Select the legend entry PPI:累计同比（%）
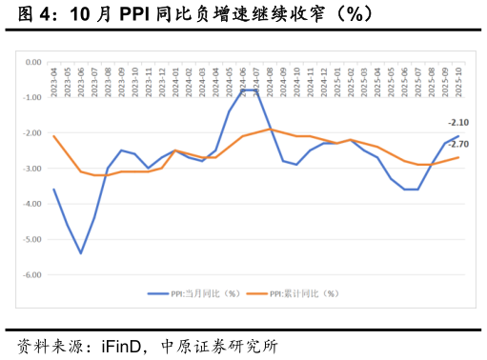tap(303, 293)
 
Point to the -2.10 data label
tap(457, 123)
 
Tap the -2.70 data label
tap(457, 144)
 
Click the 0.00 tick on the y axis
tap(33, 62)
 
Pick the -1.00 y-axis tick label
tap(32, 97)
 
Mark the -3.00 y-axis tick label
tap(32, 169)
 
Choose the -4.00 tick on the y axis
tap(32, 204)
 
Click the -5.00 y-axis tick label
tap(32, 239)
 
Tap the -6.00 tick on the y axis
tap(32, 274)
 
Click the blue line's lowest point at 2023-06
tap(81, 253)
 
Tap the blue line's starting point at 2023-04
tap(54, 190)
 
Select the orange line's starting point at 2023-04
tap(54, 136)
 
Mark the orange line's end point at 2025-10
tap(459, 157)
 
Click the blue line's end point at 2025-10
tap(459, 136)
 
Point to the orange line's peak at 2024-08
tap(270, 129)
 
